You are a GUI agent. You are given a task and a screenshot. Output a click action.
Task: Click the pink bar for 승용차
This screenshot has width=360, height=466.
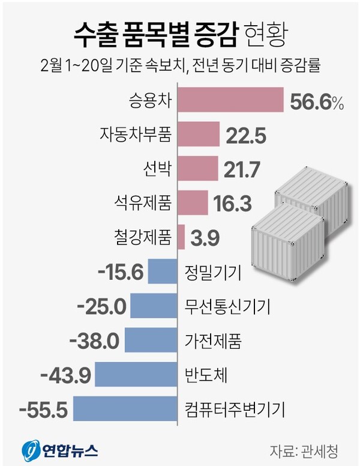230,100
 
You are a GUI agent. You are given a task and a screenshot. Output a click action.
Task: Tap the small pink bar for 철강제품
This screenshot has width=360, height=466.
181,237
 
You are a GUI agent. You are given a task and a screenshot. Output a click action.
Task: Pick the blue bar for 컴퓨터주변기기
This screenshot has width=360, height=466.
125,410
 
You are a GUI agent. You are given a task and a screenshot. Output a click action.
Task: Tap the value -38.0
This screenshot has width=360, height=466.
95,341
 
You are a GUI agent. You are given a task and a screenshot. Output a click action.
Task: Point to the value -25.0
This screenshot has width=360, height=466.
103,306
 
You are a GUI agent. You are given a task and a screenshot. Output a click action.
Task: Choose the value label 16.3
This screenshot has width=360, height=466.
232,204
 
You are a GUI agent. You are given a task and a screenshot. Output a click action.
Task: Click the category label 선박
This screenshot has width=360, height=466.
158,169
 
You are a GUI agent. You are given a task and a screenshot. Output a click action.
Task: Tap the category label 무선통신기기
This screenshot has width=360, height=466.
227,307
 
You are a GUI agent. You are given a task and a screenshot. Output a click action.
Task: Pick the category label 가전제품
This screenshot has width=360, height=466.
213,341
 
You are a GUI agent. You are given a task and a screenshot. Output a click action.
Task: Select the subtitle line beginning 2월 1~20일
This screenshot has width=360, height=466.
179,65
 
